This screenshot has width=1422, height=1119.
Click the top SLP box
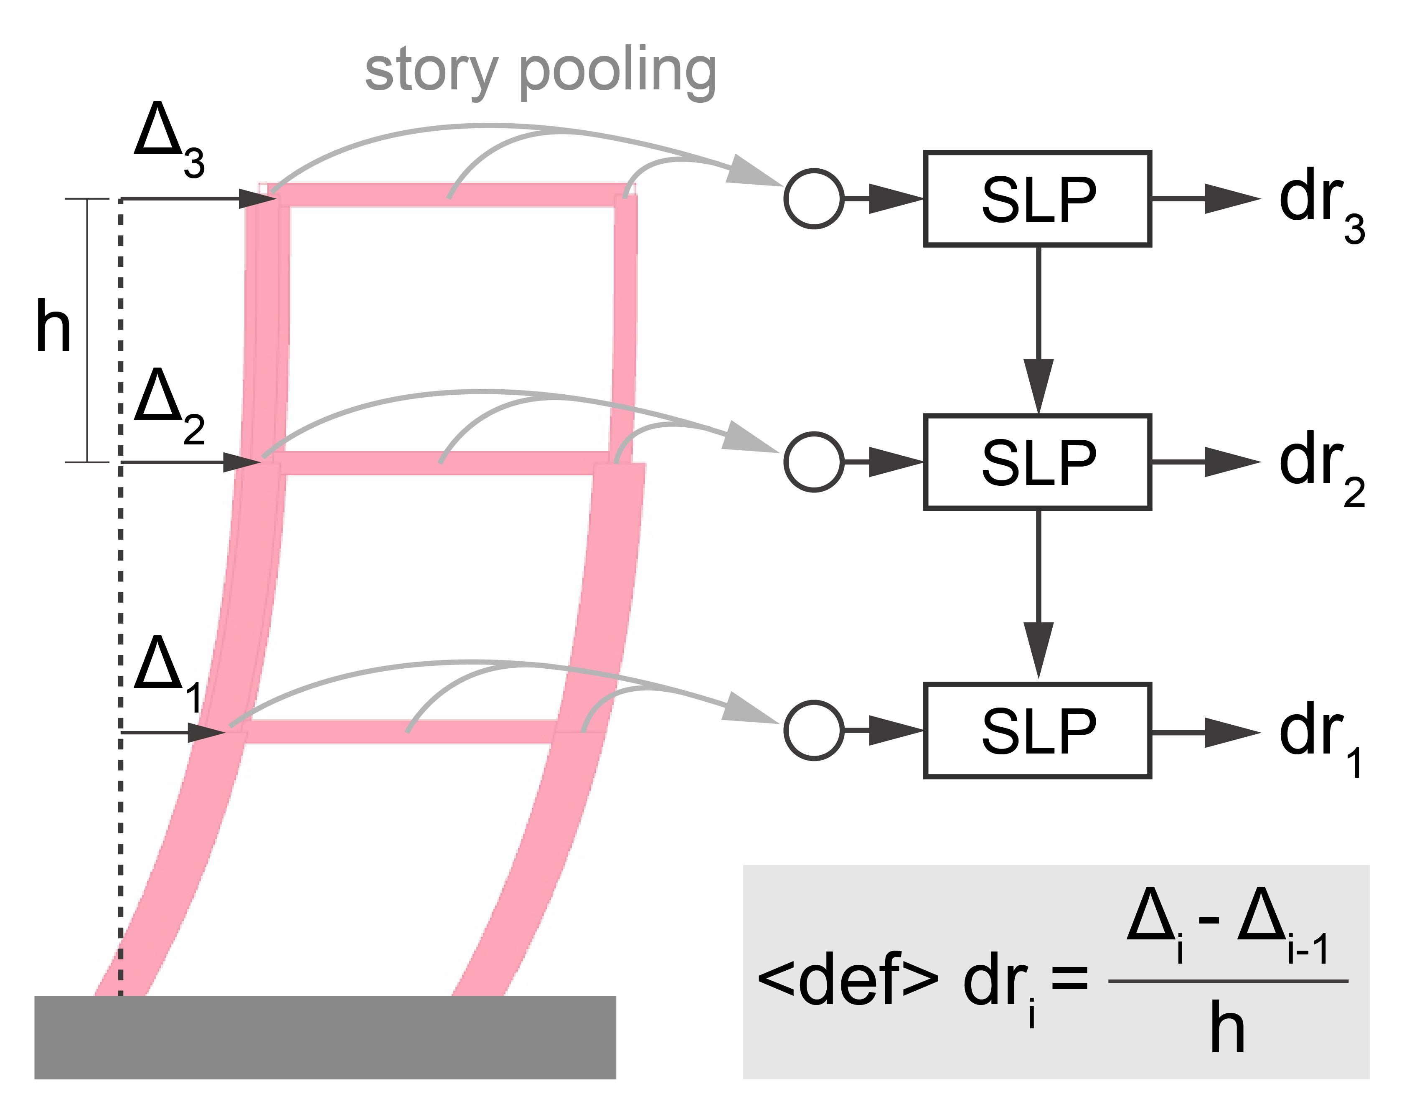pyautogui.click(x=1037, y=199)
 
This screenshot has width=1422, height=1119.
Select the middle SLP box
pyautogui.click(x=1037, y=462)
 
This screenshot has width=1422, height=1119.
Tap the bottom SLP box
pyautogui.click(x=1037, y=731)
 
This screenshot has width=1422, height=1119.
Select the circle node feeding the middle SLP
pyautogui.click(x=814, y=462)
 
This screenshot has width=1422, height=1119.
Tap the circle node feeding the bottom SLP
pyautogui.click(x=814, y=731)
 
